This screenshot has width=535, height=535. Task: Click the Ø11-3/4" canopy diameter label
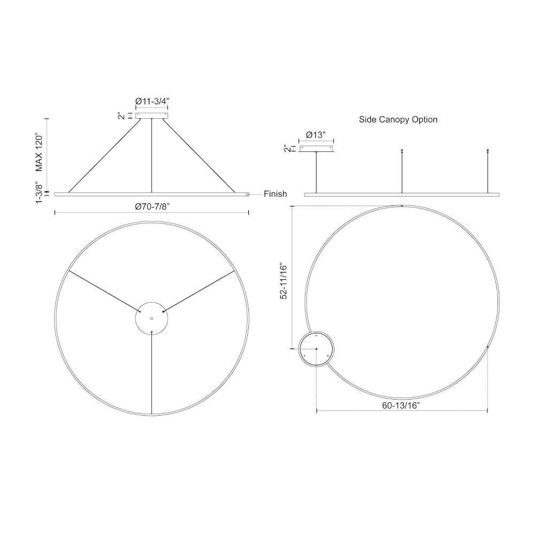click(152, 101)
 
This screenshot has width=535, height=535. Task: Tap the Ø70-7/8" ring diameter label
click(152, 207)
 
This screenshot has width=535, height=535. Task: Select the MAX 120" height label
click(40, 153)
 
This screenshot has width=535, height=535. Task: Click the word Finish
click(275, 194)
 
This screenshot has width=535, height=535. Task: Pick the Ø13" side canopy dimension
click(316, 135)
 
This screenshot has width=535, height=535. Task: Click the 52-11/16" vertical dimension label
click(284, 280)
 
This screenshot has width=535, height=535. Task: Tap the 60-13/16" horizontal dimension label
click(401, 406)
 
